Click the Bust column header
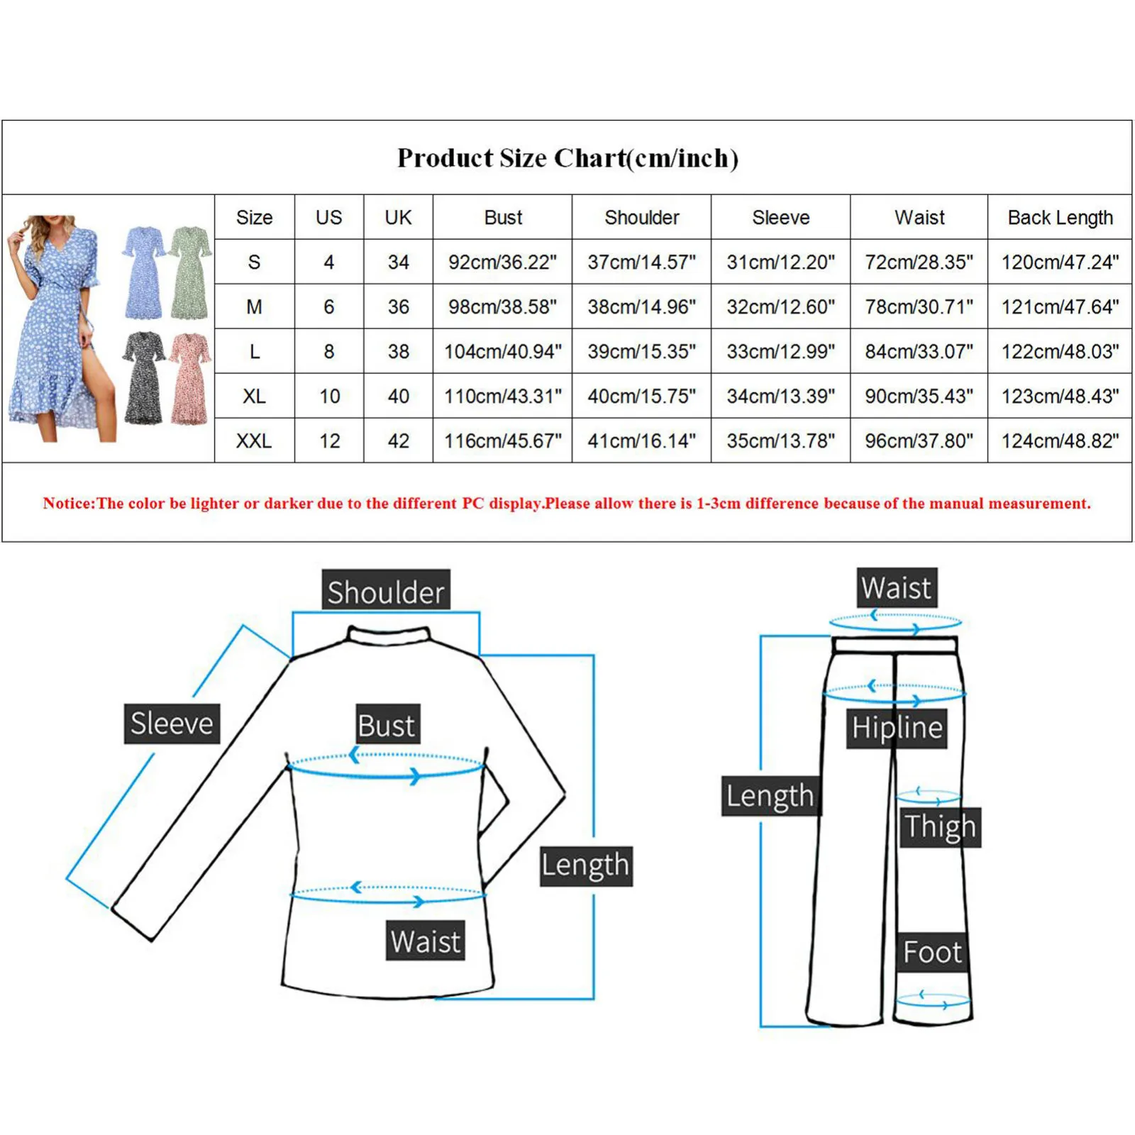coord(503,217)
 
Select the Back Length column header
coord(1060,217)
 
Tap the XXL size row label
coord(254,441)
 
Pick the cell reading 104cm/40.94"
coord(502,351)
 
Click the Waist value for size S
coord(919,262)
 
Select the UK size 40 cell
coord(398,396)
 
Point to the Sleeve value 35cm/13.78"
coord(780,441)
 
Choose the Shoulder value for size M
coord(641,306)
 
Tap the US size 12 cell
coord(329,441)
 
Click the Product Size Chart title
coord(567,157)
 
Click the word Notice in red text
coord(68,504)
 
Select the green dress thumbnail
coord(190,273)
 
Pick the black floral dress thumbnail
coord(144,377)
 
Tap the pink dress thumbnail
coord(190,377)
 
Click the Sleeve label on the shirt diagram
coord(172,724)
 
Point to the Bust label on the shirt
coord(387,725)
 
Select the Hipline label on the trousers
coord(897,728)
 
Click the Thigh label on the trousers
coord(940,826)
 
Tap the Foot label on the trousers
coord(932,952)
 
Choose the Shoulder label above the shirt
coord(386,590)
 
